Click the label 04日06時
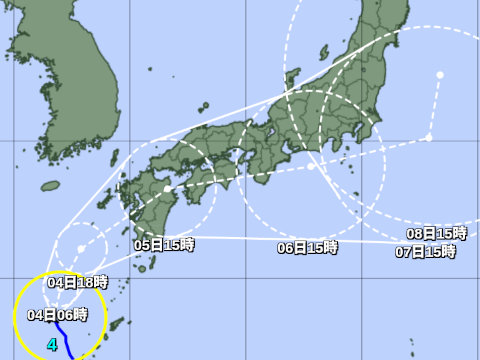click(48, 314)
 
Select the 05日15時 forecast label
click(163, 244)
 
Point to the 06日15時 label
click(307, 247)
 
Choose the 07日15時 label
click(425, 251)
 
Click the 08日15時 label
click(436, 233)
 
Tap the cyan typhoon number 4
click(52, 345)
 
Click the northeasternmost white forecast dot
click(440, 74)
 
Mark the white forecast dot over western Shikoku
click(167, 188)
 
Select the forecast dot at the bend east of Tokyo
click(429, 137)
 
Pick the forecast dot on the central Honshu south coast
click(311, 166)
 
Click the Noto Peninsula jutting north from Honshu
click(291, 80)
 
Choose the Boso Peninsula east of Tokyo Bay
click(372, 140)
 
